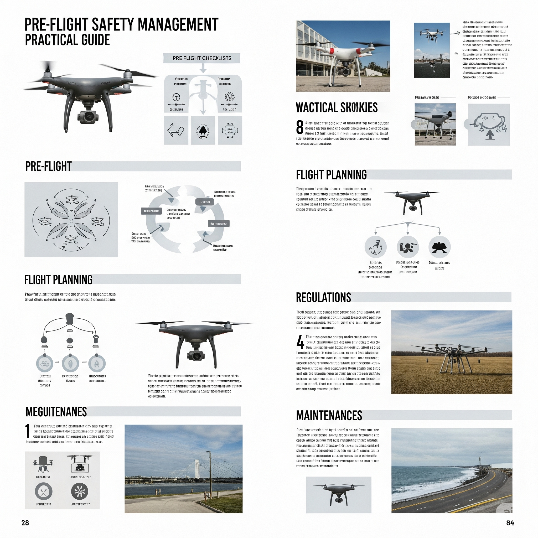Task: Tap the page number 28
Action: [25, 523]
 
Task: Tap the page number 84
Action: [510, 523]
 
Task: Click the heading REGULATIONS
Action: [323, 297]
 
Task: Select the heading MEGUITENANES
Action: [56, 412]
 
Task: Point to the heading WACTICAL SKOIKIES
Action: [337, 108]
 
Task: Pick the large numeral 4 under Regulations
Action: [300, 342]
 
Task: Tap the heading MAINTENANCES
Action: [329, 416]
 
